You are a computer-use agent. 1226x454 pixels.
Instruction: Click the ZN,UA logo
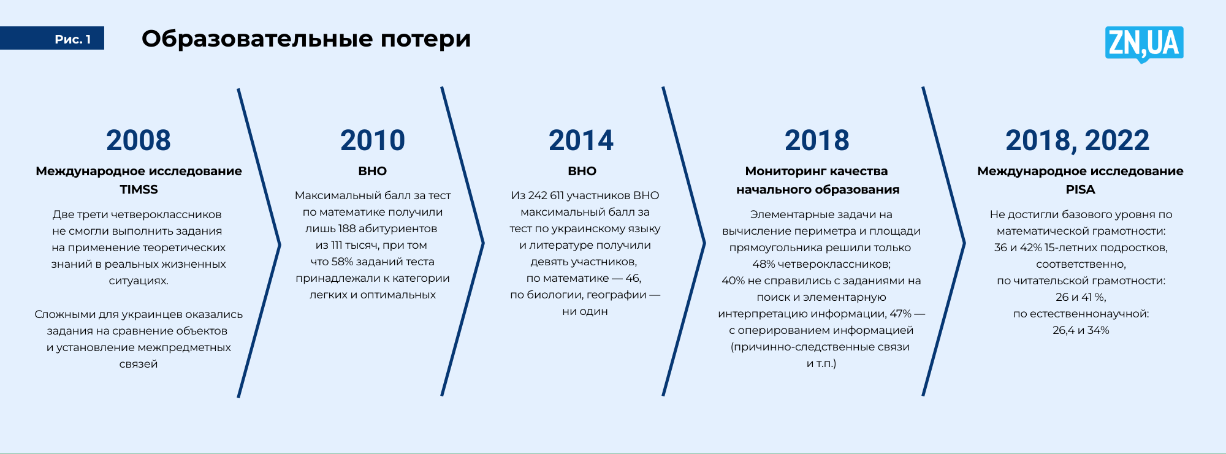1144,44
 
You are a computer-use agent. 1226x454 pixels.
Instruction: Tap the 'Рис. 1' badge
52,39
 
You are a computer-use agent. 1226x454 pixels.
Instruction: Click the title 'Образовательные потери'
306,39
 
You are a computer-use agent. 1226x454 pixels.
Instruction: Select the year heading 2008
139,140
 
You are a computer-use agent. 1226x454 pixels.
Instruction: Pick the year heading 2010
373,140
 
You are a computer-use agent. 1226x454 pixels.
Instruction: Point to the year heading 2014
581,140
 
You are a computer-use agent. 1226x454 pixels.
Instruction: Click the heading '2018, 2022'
1078,140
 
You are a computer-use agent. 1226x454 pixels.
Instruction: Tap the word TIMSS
139,189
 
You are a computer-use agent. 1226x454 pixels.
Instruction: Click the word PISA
1080,189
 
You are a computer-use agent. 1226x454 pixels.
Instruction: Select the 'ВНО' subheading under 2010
373,171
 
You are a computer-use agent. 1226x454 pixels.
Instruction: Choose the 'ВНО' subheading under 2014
582,171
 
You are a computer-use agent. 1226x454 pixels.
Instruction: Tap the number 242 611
546,195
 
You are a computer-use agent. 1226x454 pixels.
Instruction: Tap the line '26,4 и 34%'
1081,330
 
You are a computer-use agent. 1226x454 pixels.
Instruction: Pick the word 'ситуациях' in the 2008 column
139,281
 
